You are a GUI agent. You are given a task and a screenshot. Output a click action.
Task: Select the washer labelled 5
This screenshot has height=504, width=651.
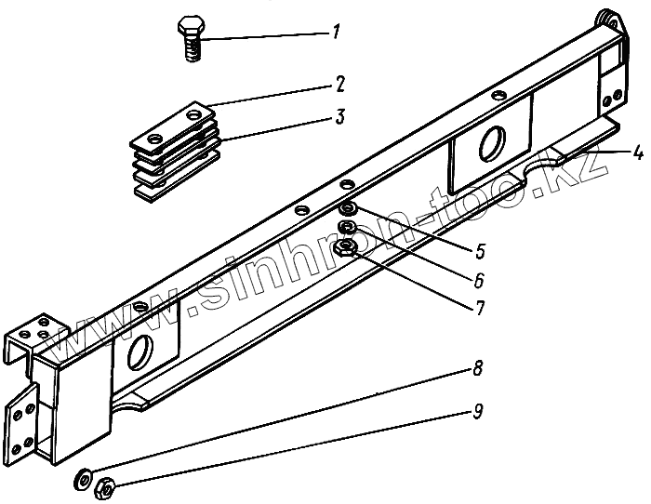[346, 209]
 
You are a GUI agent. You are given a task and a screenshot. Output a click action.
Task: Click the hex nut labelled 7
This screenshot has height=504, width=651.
[348, 245]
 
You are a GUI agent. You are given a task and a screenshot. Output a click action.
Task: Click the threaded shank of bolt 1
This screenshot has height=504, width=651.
[193, 50]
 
